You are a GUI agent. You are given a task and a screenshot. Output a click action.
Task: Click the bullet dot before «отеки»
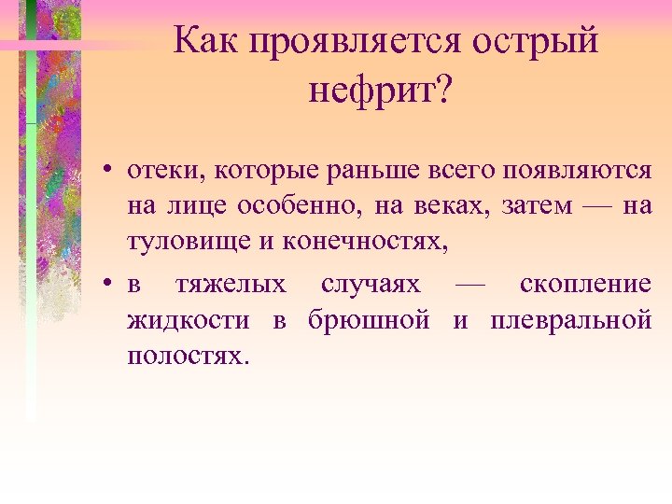click(109, 172)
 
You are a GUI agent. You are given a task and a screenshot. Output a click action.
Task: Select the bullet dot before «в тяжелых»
click(109, 284)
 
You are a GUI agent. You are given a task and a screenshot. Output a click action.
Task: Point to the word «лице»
click(193, 207)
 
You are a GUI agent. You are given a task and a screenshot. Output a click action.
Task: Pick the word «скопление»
click(585, 284)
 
